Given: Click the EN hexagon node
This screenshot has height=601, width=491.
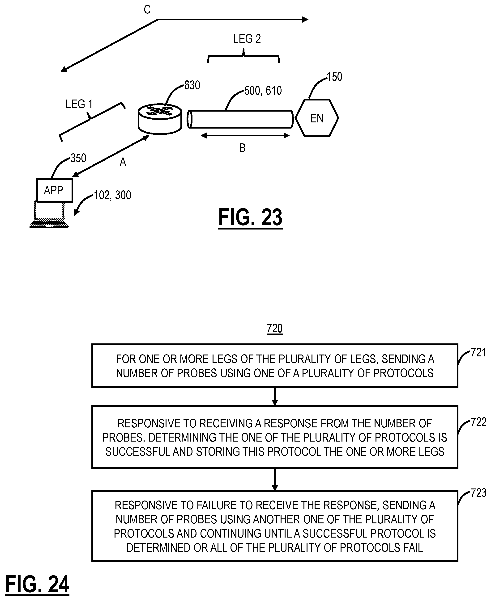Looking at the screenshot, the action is [317, 118].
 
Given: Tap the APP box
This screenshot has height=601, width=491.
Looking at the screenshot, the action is [55, 190].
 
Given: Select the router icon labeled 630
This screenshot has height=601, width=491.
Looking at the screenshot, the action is [160, 119].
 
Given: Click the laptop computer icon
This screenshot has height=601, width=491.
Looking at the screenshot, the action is [49, 214].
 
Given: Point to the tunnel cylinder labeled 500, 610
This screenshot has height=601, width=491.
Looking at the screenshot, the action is [240, 119].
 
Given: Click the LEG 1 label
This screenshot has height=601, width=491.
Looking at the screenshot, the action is [79, 104].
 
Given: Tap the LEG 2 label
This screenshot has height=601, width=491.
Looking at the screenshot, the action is [247, 39].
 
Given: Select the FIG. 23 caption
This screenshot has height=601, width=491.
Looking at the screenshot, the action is [250, 217].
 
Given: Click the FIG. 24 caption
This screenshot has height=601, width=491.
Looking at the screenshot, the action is [37, 585].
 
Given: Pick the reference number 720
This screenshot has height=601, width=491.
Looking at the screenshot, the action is [275, 329].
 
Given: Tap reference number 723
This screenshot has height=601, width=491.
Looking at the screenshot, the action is [478, 493].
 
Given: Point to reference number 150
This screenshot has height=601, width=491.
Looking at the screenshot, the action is [335, 77].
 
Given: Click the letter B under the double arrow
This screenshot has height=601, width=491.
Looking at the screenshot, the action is [242, 148].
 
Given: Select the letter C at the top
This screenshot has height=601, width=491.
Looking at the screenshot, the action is [147, 10].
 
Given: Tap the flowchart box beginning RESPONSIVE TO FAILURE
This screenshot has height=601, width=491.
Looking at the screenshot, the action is [275, 526].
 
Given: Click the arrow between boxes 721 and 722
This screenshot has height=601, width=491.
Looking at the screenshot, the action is [275, 396].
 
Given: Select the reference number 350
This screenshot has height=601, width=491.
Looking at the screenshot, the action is [78, 158].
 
